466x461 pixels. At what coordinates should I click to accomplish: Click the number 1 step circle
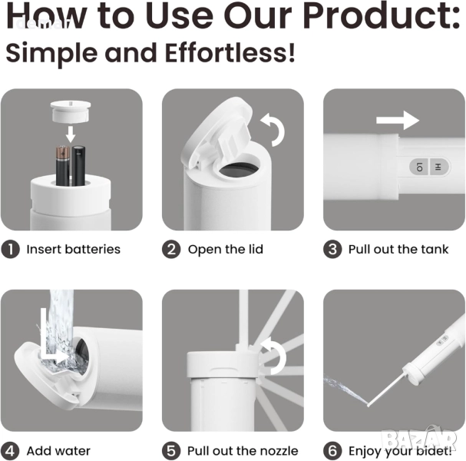pos(11,249)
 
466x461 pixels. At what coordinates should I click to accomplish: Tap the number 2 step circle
pos(171,249)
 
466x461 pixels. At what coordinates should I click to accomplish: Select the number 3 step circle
pos(332,249)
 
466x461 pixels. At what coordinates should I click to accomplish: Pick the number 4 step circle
pos(10,451)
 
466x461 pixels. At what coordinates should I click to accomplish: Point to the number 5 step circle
pos(171,451)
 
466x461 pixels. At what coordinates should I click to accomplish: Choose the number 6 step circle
pos(332,451)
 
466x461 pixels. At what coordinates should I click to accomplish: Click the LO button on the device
pos(419,167)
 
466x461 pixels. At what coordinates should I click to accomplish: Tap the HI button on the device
pos(438,167)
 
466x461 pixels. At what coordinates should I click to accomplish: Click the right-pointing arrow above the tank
pos(398,120)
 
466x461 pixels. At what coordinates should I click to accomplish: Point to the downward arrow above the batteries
pos(71,134)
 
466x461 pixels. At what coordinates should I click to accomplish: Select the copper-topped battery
pos(63,165)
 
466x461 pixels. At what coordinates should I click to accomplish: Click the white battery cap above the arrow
pos(71,111)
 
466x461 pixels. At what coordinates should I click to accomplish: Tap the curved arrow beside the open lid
pos(273,129)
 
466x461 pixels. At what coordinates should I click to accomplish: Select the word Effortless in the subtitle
pos(230,53)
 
